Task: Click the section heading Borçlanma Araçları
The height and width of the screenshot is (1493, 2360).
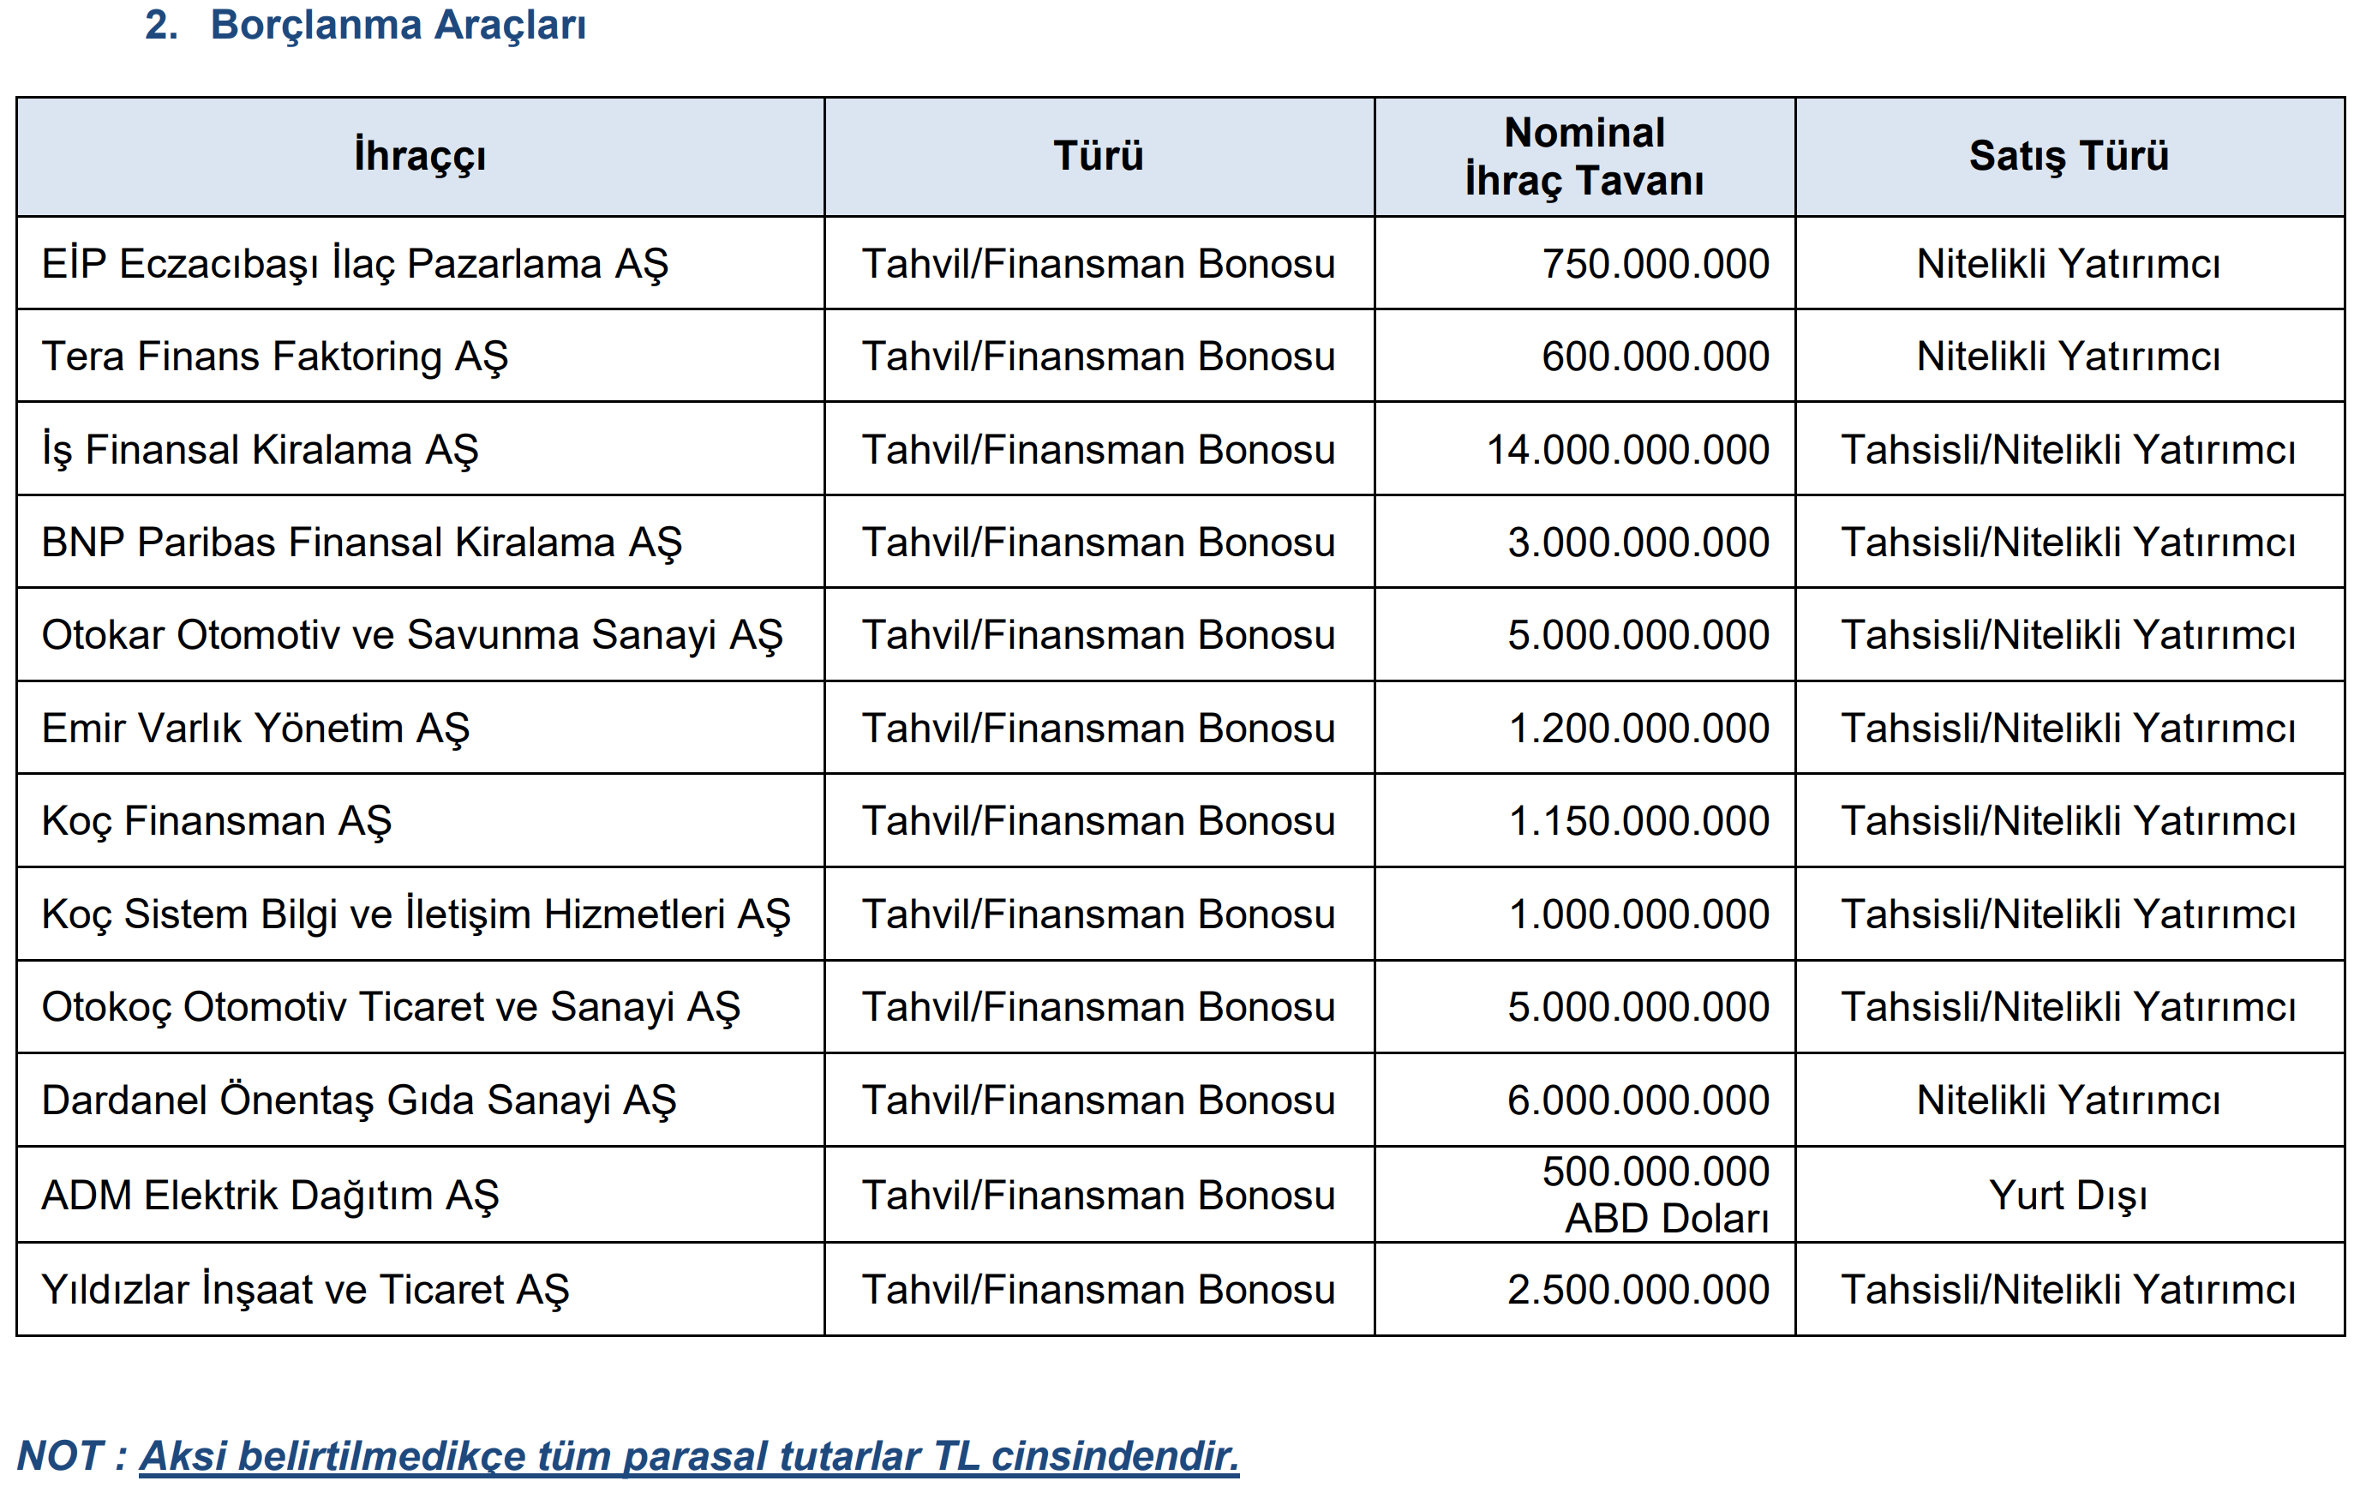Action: click(x=397, y=26)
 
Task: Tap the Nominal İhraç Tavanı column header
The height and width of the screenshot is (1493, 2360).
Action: click(x=1584, y=156)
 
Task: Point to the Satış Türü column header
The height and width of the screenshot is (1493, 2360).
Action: click(x=2068, y=156)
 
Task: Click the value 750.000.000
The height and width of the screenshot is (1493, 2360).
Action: click(x=1655, y=264)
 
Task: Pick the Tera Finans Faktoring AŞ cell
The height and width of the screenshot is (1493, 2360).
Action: click(x=274, y=357)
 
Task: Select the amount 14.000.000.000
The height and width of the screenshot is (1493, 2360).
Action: click(x=1627, y=450)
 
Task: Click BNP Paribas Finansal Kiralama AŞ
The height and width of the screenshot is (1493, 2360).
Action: click(x=361, y=543)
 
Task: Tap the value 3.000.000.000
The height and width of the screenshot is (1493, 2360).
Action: click(x=1638, y=543)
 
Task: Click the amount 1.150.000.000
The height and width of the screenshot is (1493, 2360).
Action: click(x=1638, y=820)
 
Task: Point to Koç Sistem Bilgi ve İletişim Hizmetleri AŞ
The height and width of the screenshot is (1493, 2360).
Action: click(x=416, y=914)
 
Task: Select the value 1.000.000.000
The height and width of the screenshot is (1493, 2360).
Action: click(x=1638, y=914)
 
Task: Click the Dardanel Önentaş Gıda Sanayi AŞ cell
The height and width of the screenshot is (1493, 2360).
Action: click(x=359, y=1100)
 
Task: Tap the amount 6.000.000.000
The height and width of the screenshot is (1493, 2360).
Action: click(x=1638, y=1100)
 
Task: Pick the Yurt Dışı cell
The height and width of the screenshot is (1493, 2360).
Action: click(x=2068, y=1195)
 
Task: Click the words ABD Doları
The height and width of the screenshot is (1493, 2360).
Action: click(x=1666, y=1219)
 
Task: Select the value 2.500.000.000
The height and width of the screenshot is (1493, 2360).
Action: click(x=1638, y=1289)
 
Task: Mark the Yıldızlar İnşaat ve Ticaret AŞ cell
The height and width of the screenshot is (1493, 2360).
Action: click(x=305, y=1289)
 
